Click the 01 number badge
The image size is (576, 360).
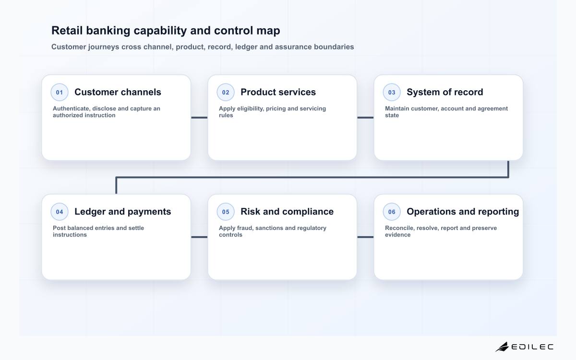(60, 92)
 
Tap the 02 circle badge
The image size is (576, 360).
(226, 92)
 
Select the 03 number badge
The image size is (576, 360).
(392, 92)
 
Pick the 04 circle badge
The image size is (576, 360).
(60, 212)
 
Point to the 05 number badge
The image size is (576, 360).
(226, 212)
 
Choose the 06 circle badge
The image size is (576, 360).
(392, 212)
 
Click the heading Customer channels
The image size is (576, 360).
(118, 92)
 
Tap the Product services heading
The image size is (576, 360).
(278, 92)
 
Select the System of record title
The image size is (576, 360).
(445, 92)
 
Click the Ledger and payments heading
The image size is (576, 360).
(123, 212)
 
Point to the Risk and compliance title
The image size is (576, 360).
(287, 212)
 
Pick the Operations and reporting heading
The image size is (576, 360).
(463, 212)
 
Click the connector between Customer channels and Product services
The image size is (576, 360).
(199, 118)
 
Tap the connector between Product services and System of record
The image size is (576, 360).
(365, 118)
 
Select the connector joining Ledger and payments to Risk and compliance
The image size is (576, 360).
(199, 237)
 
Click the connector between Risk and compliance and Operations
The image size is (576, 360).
(365, 237)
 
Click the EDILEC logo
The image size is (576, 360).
(524, 347)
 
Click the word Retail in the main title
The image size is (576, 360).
(67, 30)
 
